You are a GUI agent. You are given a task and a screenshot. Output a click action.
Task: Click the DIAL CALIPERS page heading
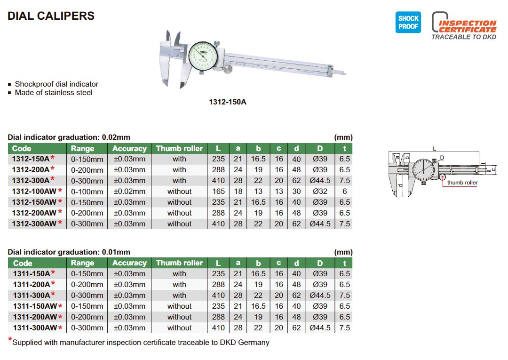[x=51, y=16]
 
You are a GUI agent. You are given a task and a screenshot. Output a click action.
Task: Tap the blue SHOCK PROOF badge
[x=408, y=23]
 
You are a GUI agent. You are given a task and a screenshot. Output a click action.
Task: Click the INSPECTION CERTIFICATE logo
[x=464, y=26]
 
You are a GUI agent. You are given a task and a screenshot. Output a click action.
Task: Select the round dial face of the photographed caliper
[x=203, y=56]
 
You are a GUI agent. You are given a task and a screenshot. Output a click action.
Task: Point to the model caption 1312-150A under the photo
[x=228, y=102]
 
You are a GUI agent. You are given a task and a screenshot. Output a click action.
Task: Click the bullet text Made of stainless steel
[x=54, y=93]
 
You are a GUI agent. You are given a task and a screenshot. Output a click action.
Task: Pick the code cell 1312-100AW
[x=34, y=191]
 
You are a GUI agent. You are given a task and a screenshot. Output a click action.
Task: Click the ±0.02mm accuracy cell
[x=129, y=192]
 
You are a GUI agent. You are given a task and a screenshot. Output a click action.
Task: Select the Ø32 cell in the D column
[x=320, y=192]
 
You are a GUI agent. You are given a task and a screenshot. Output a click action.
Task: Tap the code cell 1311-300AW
[x=35, y=328]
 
